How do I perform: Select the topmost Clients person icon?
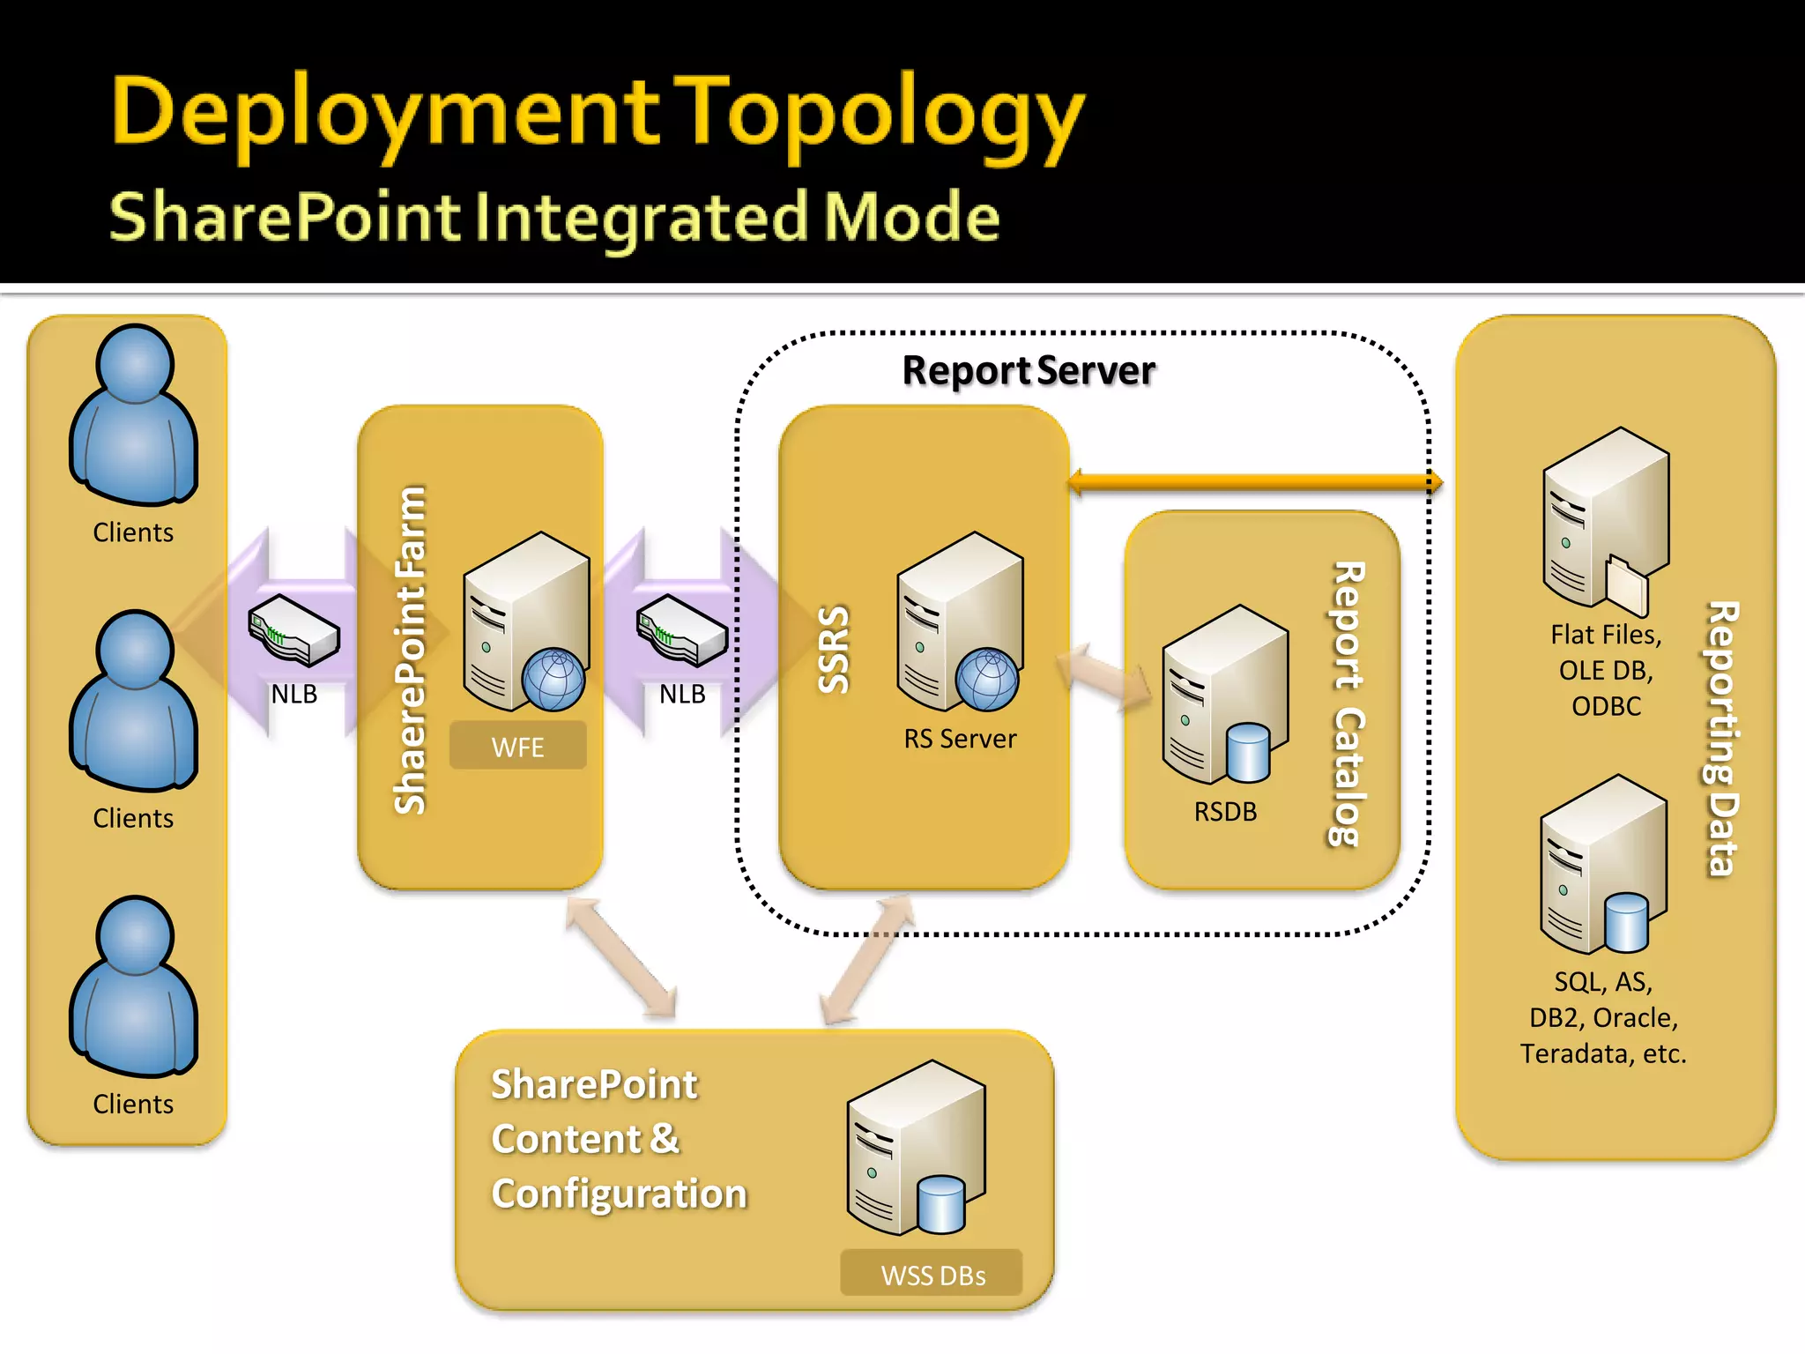[x=134, y=414]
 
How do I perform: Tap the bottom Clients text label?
[x=133, y=1104]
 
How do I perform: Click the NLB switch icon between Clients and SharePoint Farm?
[x=293, y=629]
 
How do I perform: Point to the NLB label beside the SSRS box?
[x=682, y=695]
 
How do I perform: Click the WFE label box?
[x=517, y=747]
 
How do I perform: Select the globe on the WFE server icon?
[x=553, y=680]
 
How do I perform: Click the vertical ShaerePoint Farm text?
[x=411, y=651]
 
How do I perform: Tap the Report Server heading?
[x=1028, y=370]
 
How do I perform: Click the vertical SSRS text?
[x=834, y=650]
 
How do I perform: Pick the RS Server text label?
[x=960, y=739]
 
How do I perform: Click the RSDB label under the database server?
[x=1225, y=812]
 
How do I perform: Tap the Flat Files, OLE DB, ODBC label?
[x=1606, y=670]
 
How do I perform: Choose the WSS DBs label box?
[x=932, y=1274]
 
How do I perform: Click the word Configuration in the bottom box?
[x=620, y=1194]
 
